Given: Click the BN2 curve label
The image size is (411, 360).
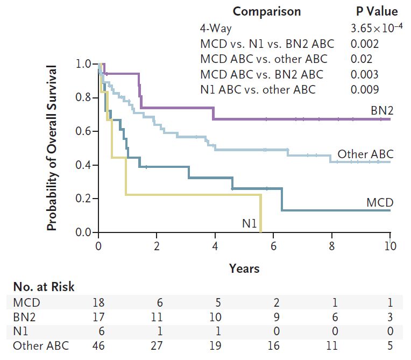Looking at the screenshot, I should (382, 110).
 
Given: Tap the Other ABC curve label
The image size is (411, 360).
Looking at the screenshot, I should (365, 154).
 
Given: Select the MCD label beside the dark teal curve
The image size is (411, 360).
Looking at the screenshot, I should (380, 202).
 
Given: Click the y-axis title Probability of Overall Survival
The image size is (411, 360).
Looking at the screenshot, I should (52, 149).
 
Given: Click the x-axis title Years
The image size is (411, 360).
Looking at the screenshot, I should (244, 268).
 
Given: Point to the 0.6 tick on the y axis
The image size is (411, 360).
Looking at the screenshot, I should (83, 132).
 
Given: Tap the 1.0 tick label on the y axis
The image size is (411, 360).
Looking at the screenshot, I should (83, 64).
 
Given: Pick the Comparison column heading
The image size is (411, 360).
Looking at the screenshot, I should (267, 11).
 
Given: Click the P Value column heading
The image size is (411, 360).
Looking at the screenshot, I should (373, 11).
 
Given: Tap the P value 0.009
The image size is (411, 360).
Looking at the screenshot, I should (364, 89).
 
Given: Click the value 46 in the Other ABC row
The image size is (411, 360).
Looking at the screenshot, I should (98, 346).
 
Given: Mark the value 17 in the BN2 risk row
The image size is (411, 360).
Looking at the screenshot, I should (98, 317).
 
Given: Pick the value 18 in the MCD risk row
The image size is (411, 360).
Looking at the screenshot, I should (98, 302).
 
